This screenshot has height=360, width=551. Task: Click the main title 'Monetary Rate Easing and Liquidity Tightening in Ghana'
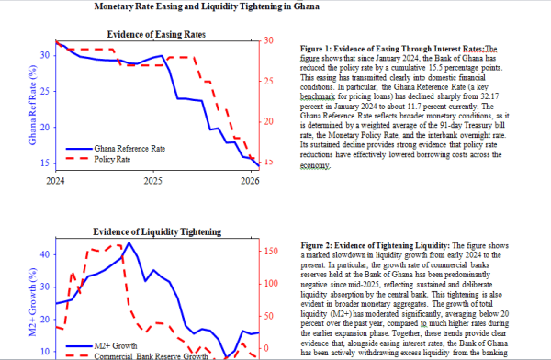point(207,6)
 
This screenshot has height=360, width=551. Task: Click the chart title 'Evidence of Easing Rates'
point(156,35)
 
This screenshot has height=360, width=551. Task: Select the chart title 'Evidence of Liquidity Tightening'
point(157,231)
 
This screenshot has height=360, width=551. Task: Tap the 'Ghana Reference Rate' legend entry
point(116,149)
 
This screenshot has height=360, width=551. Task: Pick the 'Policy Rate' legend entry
point(98,159)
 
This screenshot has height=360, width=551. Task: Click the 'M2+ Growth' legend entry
point(102,346)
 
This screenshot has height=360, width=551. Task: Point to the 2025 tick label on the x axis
point(152,181)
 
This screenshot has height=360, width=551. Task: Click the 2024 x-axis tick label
point(55,181)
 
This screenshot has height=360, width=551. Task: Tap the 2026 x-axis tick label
point(250,181)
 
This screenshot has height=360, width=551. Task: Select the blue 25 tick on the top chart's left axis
point(45,92)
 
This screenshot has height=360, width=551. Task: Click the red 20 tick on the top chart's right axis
point(269,121)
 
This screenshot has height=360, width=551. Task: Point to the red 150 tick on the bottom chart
point(271,251)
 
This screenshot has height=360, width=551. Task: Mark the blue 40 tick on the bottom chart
point(45,254)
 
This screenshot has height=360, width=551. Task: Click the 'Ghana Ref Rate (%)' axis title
point(33,105)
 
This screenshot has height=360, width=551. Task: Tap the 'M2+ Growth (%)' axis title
point(33,302)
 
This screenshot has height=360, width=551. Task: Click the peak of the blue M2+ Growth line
point(129,242)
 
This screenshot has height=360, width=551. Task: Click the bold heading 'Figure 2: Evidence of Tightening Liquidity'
point(375,245)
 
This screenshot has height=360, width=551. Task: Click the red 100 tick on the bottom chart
point(271,284)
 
